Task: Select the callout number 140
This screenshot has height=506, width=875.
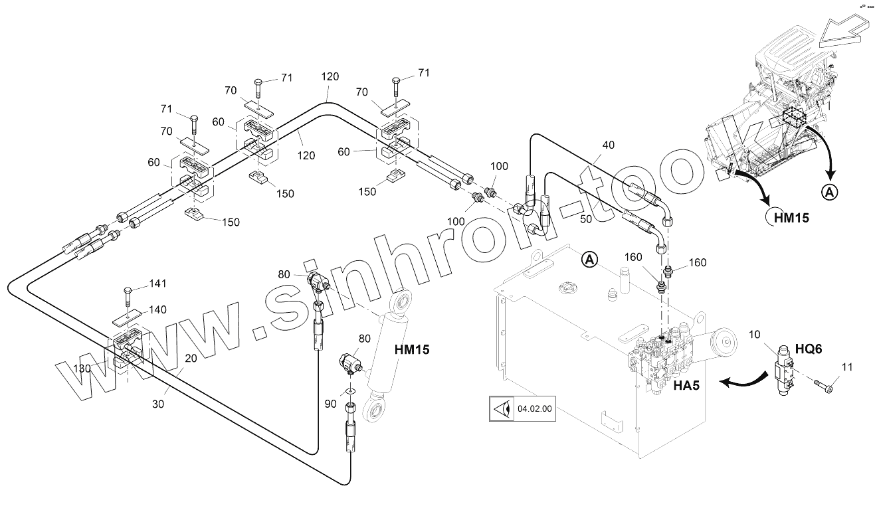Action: tap(157, 309)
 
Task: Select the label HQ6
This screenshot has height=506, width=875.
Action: tap(809, 349)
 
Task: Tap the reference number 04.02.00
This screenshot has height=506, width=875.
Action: tap(534, 408)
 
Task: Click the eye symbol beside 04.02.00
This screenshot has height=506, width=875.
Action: tap(500, 409)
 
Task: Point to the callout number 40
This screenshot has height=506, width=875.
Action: tap(609, 145)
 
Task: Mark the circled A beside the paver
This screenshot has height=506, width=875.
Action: tap(829, 193)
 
